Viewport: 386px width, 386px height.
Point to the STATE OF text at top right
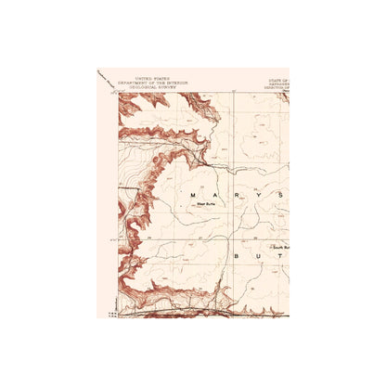pos(278,81)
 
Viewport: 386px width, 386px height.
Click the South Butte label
pos(281,249)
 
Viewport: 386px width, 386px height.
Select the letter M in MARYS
pos(192,195)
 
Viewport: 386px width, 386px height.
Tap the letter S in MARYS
pos(279,195)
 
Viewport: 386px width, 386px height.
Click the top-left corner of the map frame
pos(118,92)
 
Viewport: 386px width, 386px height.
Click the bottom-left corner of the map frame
pos(118,316)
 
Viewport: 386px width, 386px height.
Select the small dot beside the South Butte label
pos(269,249)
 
